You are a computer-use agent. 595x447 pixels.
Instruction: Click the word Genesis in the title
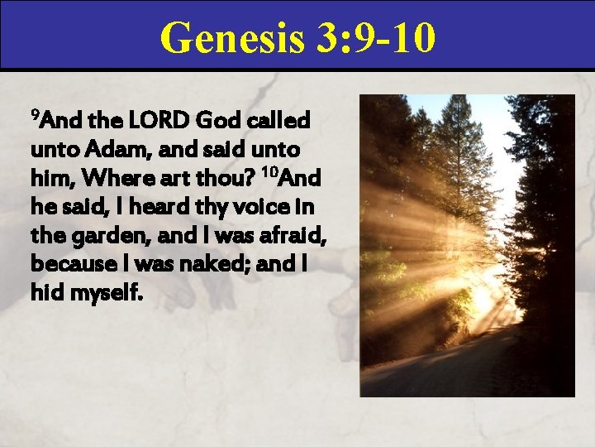click(233, 37)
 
